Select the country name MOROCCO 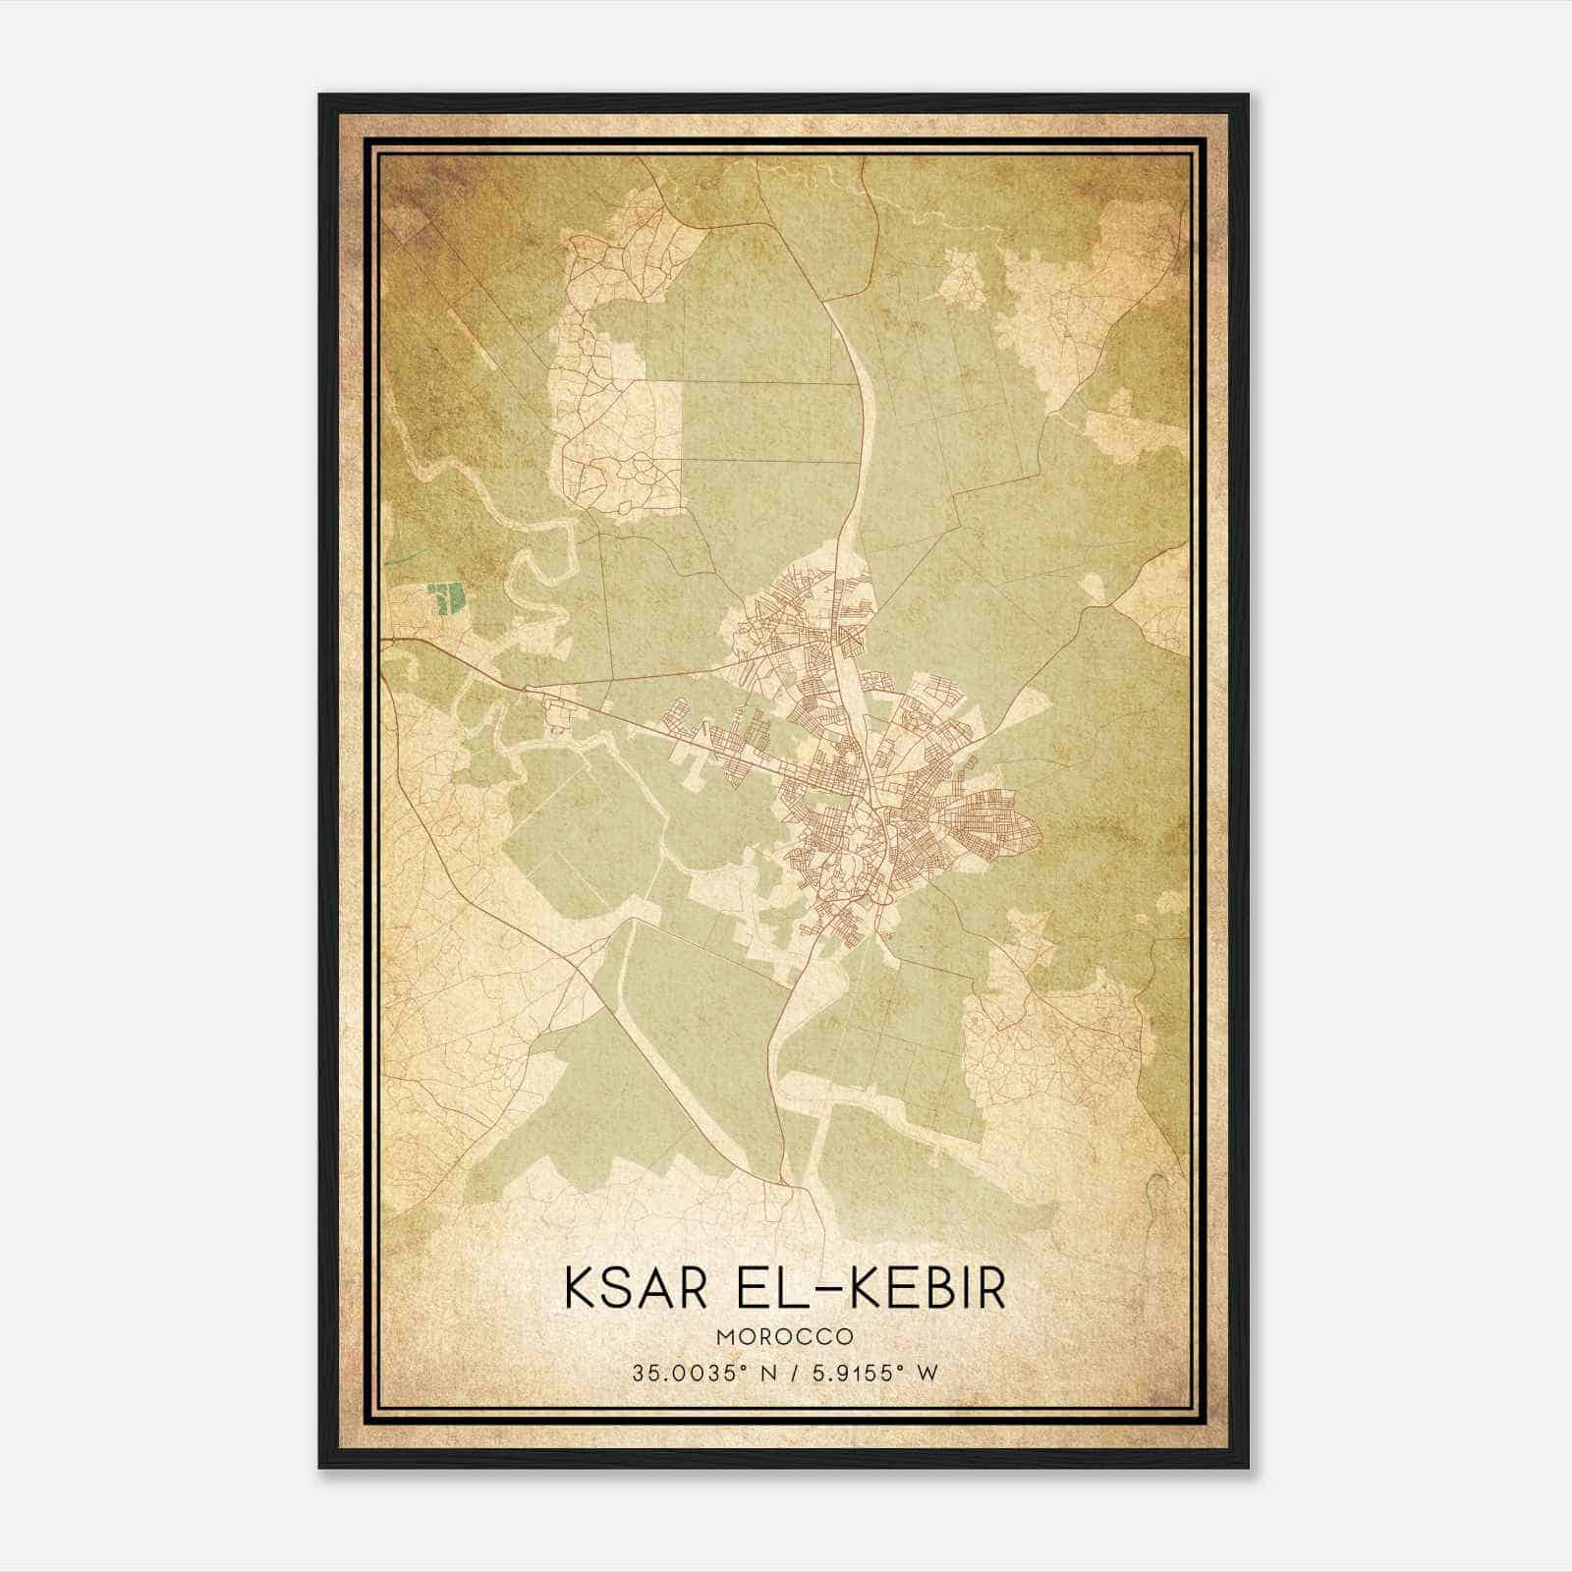click(x=784, y=1337)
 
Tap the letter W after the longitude click(x=927, y=1373)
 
